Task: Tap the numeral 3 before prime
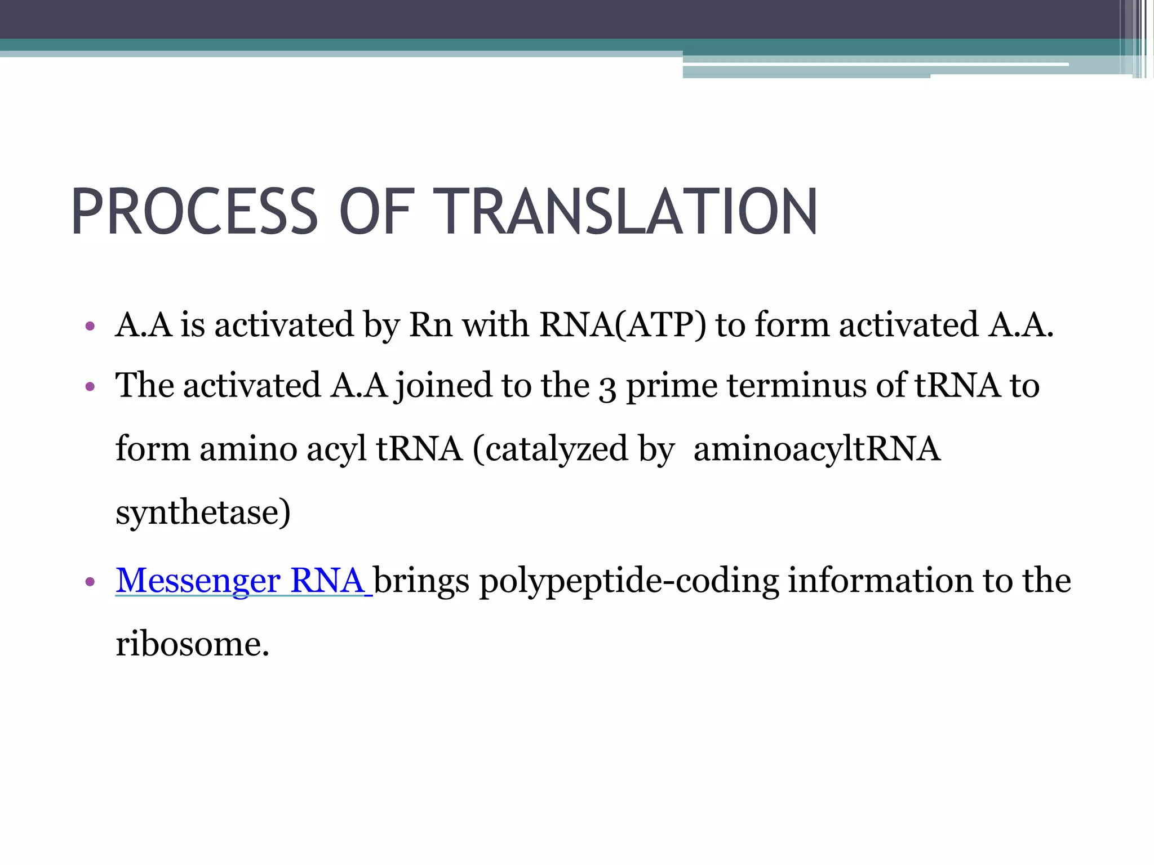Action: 607,387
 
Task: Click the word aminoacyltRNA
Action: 817,450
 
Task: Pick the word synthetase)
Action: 203,512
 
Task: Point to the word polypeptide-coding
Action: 629,581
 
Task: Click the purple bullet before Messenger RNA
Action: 90,582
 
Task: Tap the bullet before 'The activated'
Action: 90,387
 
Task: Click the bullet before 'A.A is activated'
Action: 90,326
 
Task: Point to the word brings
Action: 421,581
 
